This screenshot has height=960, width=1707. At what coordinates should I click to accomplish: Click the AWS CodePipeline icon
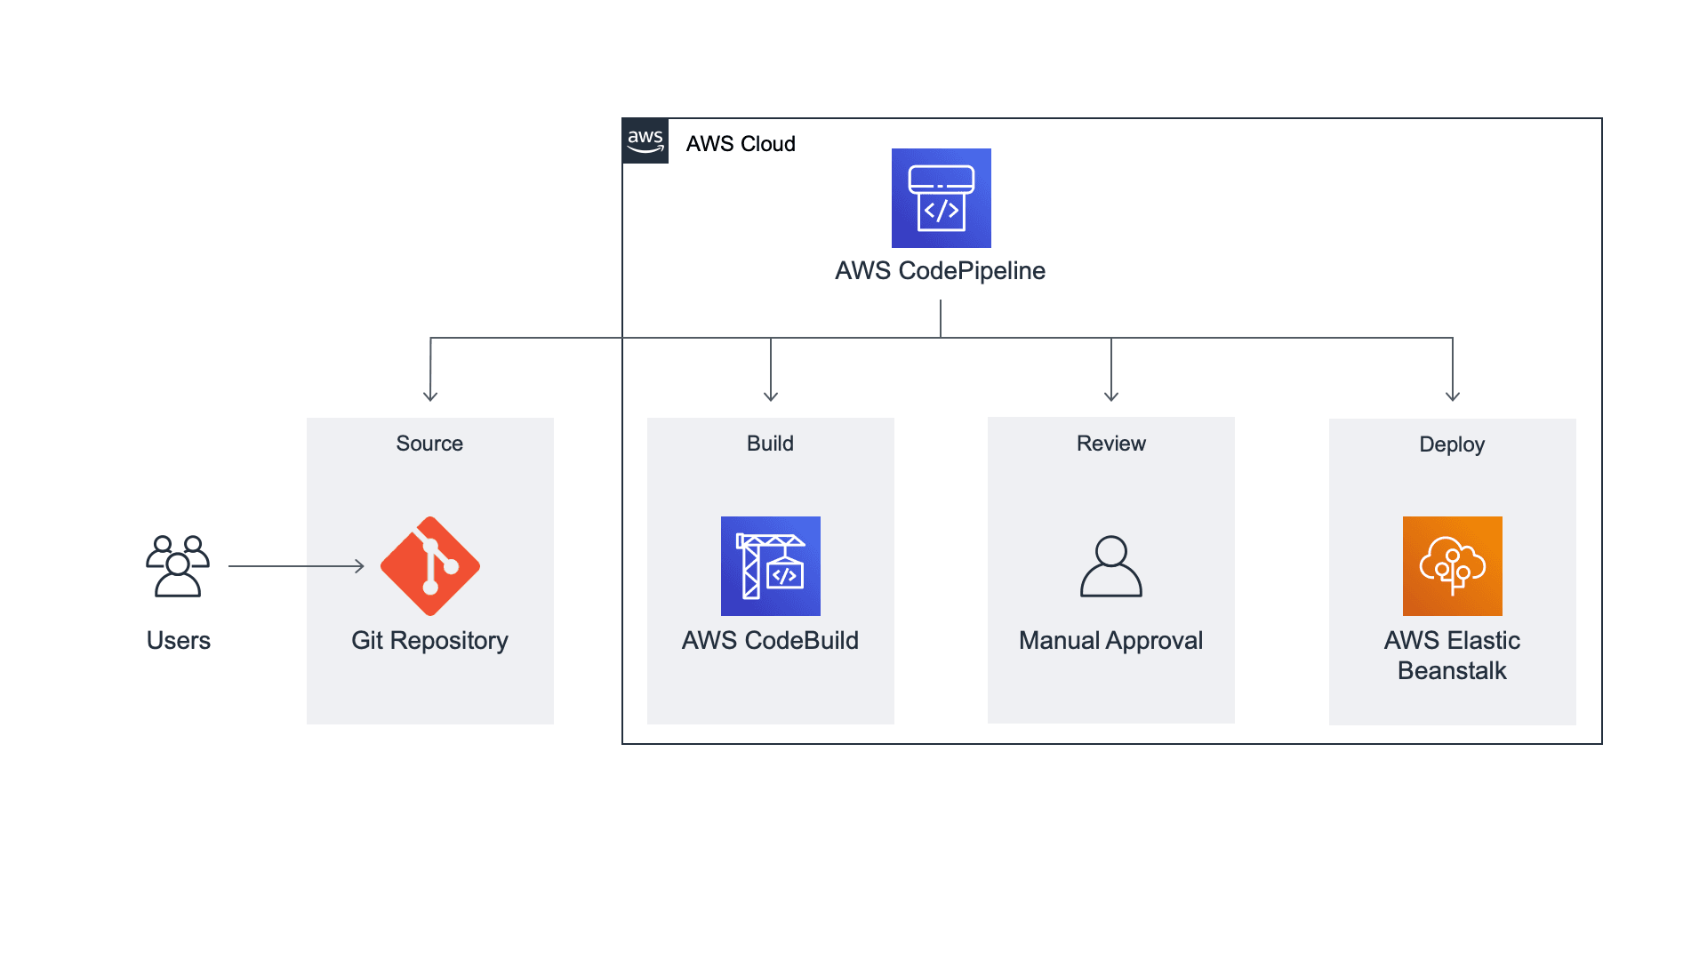pyautogui.click(x=941, y=197)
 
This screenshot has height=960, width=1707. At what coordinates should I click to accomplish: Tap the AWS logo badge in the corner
pyautogui.click(x=645, y=141)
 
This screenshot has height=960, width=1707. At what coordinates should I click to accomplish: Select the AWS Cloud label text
pyautogui.click(x=740, y=144)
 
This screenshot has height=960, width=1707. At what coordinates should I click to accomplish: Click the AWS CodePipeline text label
pyautogui.click(x=940, y=270)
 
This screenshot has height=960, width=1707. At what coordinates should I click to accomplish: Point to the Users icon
pyautogui.click(x=178, y=566)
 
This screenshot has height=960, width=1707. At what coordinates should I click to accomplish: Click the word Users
pyautogui.click(x=178, y=640)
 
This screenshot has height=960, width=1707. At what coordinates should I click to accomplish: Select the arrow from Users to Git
pyautogui.click(x=296, y=566)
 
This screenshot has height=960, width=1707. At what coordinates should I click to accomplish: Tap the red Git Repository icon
pyautogui.click(x=430, y=566)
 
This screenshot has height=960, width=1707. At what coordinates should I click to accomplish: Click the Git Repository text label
pyautogui.click(x=429, y=640)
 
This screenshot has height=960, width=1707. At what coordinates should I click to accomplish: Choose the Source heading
pyautogui.click(x=429, y=444)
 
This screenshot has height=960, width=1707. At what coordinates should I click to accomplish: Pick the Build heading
pyautogui.click(x=770, y=444)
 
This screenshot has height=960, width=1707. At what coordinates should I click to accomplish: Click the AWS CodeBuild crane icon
pyautogui.click(x=770, y=566)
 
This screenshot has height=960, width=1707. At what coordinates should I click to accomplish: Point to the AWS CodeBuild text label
pyautogui.click(x=770, y=640)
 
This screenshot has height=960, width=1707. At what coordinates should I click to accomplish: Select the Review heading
pyautogui.click(x=1110, y=444)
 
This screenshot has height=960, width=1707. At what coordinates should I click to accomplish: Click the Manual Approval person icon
pyautogui.click(x=1110, y=566)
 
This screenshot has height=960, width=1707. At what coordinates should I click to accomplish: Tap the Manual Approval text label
pyautogui.click(x=1110, y=640)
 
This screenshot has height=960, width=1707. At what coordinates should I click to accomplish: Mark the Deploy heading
pyautogui.click(x=1451, y=444)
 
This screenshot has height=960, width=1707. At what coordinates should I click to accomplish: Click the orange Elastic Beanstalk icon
pyautogui.click(x=1452, y=566)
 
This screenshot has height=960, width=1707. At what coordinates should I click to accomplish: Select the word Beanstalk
pyautogui.click(x=1451, y=671)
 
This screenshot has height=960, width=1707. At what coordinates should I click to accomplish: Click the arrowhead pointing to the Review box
pyautogui.click(x=1111, y=396)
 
